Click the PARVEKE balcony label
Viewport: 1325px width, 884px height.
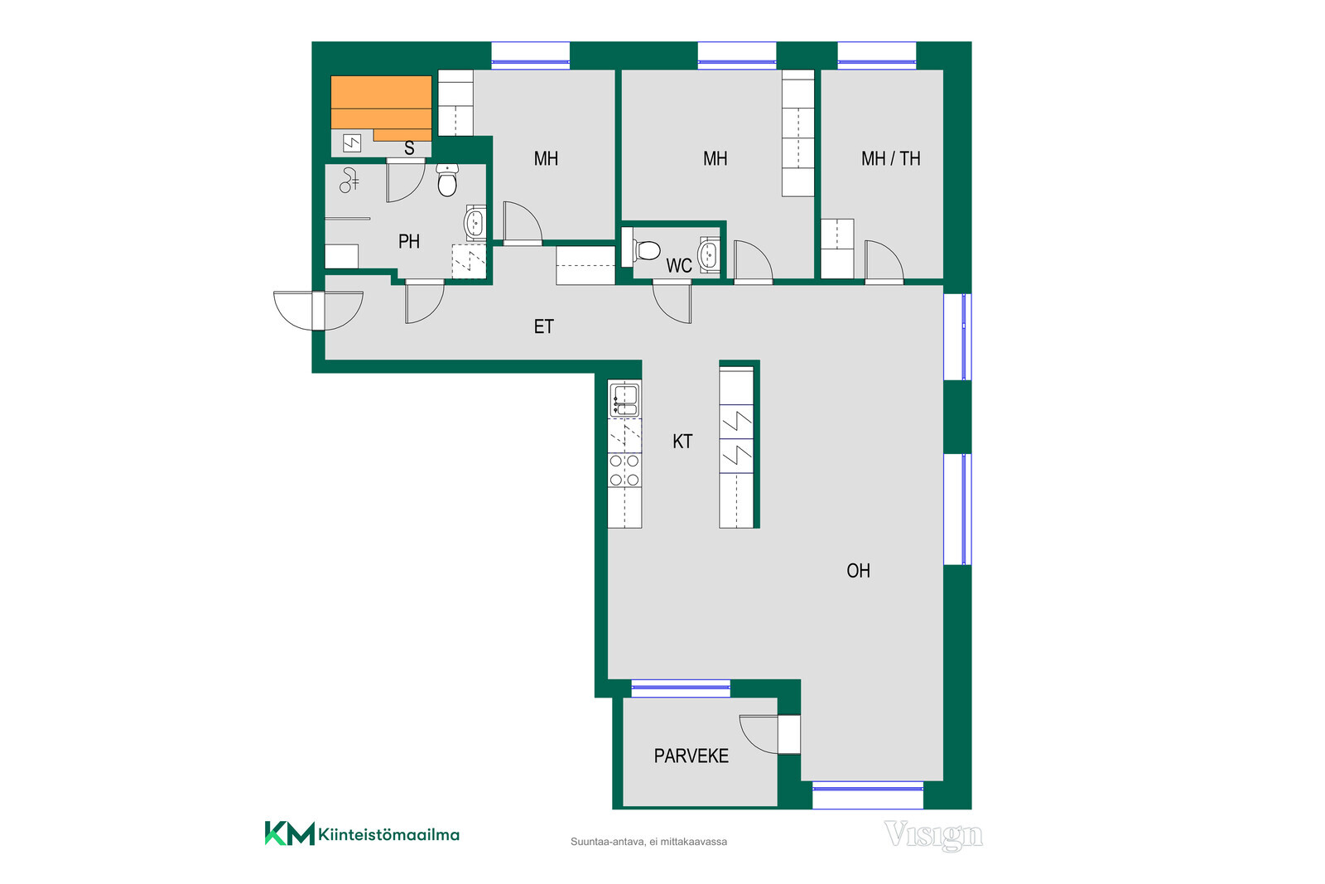pos(691,756)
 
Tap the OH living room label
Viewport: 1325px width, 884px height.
pos(858,570)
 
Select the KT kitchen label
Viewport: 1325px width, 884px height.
pos(682,442)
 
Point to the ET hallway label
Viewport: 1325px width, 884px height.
pos(543,326)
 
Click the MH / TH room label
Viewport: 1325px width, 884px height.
pos(891,158)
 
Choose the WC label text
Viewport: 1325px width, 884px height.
pos(678,266)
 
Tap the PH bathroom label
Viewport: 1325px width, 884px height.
pos(409,241)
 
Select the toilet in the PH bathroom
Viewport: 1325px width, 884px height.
pos(447,180)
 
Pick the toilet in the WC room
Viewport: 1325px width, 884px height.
pos(646,250)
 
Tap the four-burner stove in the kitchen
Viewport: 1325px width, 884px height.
pos(624,471)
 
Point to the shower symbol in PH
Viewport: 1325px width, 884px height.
pos(349,181)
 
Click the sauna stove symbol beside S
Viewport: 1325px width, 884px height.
pos(352,143)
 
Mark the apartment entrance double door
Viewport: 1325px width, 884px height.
pos(318,311)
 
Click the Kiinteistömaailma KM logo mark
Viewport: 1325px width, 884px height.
pos(289,833)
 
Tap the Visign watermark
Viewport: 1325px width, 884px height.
pos(933,835)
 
